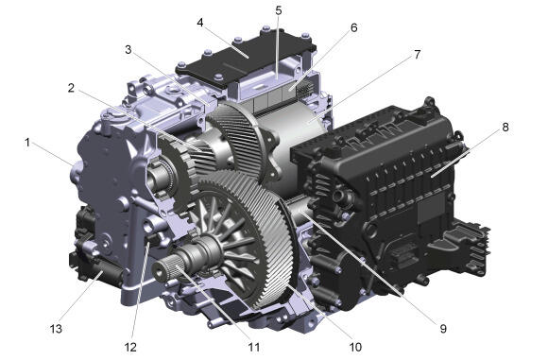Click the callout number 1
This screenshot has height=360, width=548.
tap(27, 143)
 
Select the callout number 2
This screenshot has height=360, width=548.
tap(71, 88)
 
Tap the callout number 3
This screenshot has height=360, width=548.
tap(128, 50)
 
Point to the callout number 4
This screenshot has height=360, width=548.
tap(200, 23)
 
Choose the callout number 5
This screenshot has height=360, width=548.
tap(278, 10)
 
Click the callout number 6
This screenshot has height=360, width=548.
tap(354, 27)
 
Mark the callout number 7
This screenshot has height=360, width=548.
tap(418, 55)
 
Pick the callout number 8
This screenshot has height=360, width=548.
tap(505, 128)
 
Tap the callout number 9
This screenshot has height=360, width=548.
tap(443, 329)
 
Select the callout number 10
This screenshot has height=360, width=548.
tap(355, 348)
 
